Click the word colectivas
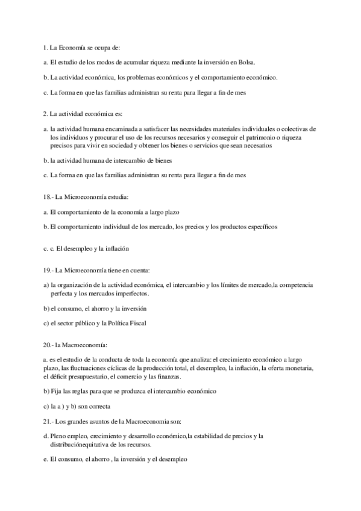(x=306, y=129)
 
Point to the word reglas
(x=86, y=391)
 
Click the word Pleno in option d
(x=60, y=435)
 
